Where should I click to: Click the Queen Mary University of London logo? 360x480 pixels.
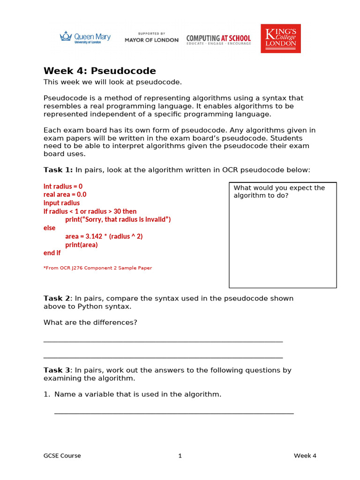[x=85, y=37]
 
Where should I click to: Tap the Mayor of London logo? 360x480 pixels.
[x=151, y=37]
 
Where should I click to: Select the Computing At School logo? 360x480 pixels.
[x=218, y=39]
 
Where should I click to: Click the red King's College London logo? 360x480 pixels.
[x=281, y=38]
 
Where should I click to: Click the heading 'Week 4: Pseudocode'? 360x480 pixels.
[x=99, y=71]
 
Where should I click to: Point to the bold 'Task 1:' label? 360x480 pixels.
[x=58, y=170]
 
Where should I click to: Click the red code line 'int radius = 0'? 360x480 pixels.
[x=63, y=186]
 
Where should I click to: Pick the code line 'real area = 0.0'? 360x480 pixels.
[x=65, y=195]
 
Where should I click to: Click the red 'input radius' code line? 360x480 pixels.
[x=61, y=203]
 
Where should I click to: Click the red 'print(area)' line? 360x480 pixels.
[x=82, y=245]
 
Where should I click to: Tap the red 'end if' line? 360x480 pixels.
[x=52, y=253]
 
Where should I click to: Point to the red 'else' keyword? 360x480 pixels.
[x=49, y=228]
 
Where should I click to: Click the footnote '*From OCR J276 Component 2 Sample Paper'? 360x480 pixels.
[x=97, y=268]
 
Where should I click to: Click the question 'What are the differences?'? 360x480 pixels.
[x=90, y=322]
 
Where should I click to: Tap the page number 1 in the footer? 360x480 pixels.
[x=180, y=456]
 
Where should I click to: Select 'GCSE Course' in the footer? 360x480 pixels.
[x=62, y=456]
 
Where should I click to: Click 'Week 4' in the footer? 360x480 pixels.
[x=305, y=456]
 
